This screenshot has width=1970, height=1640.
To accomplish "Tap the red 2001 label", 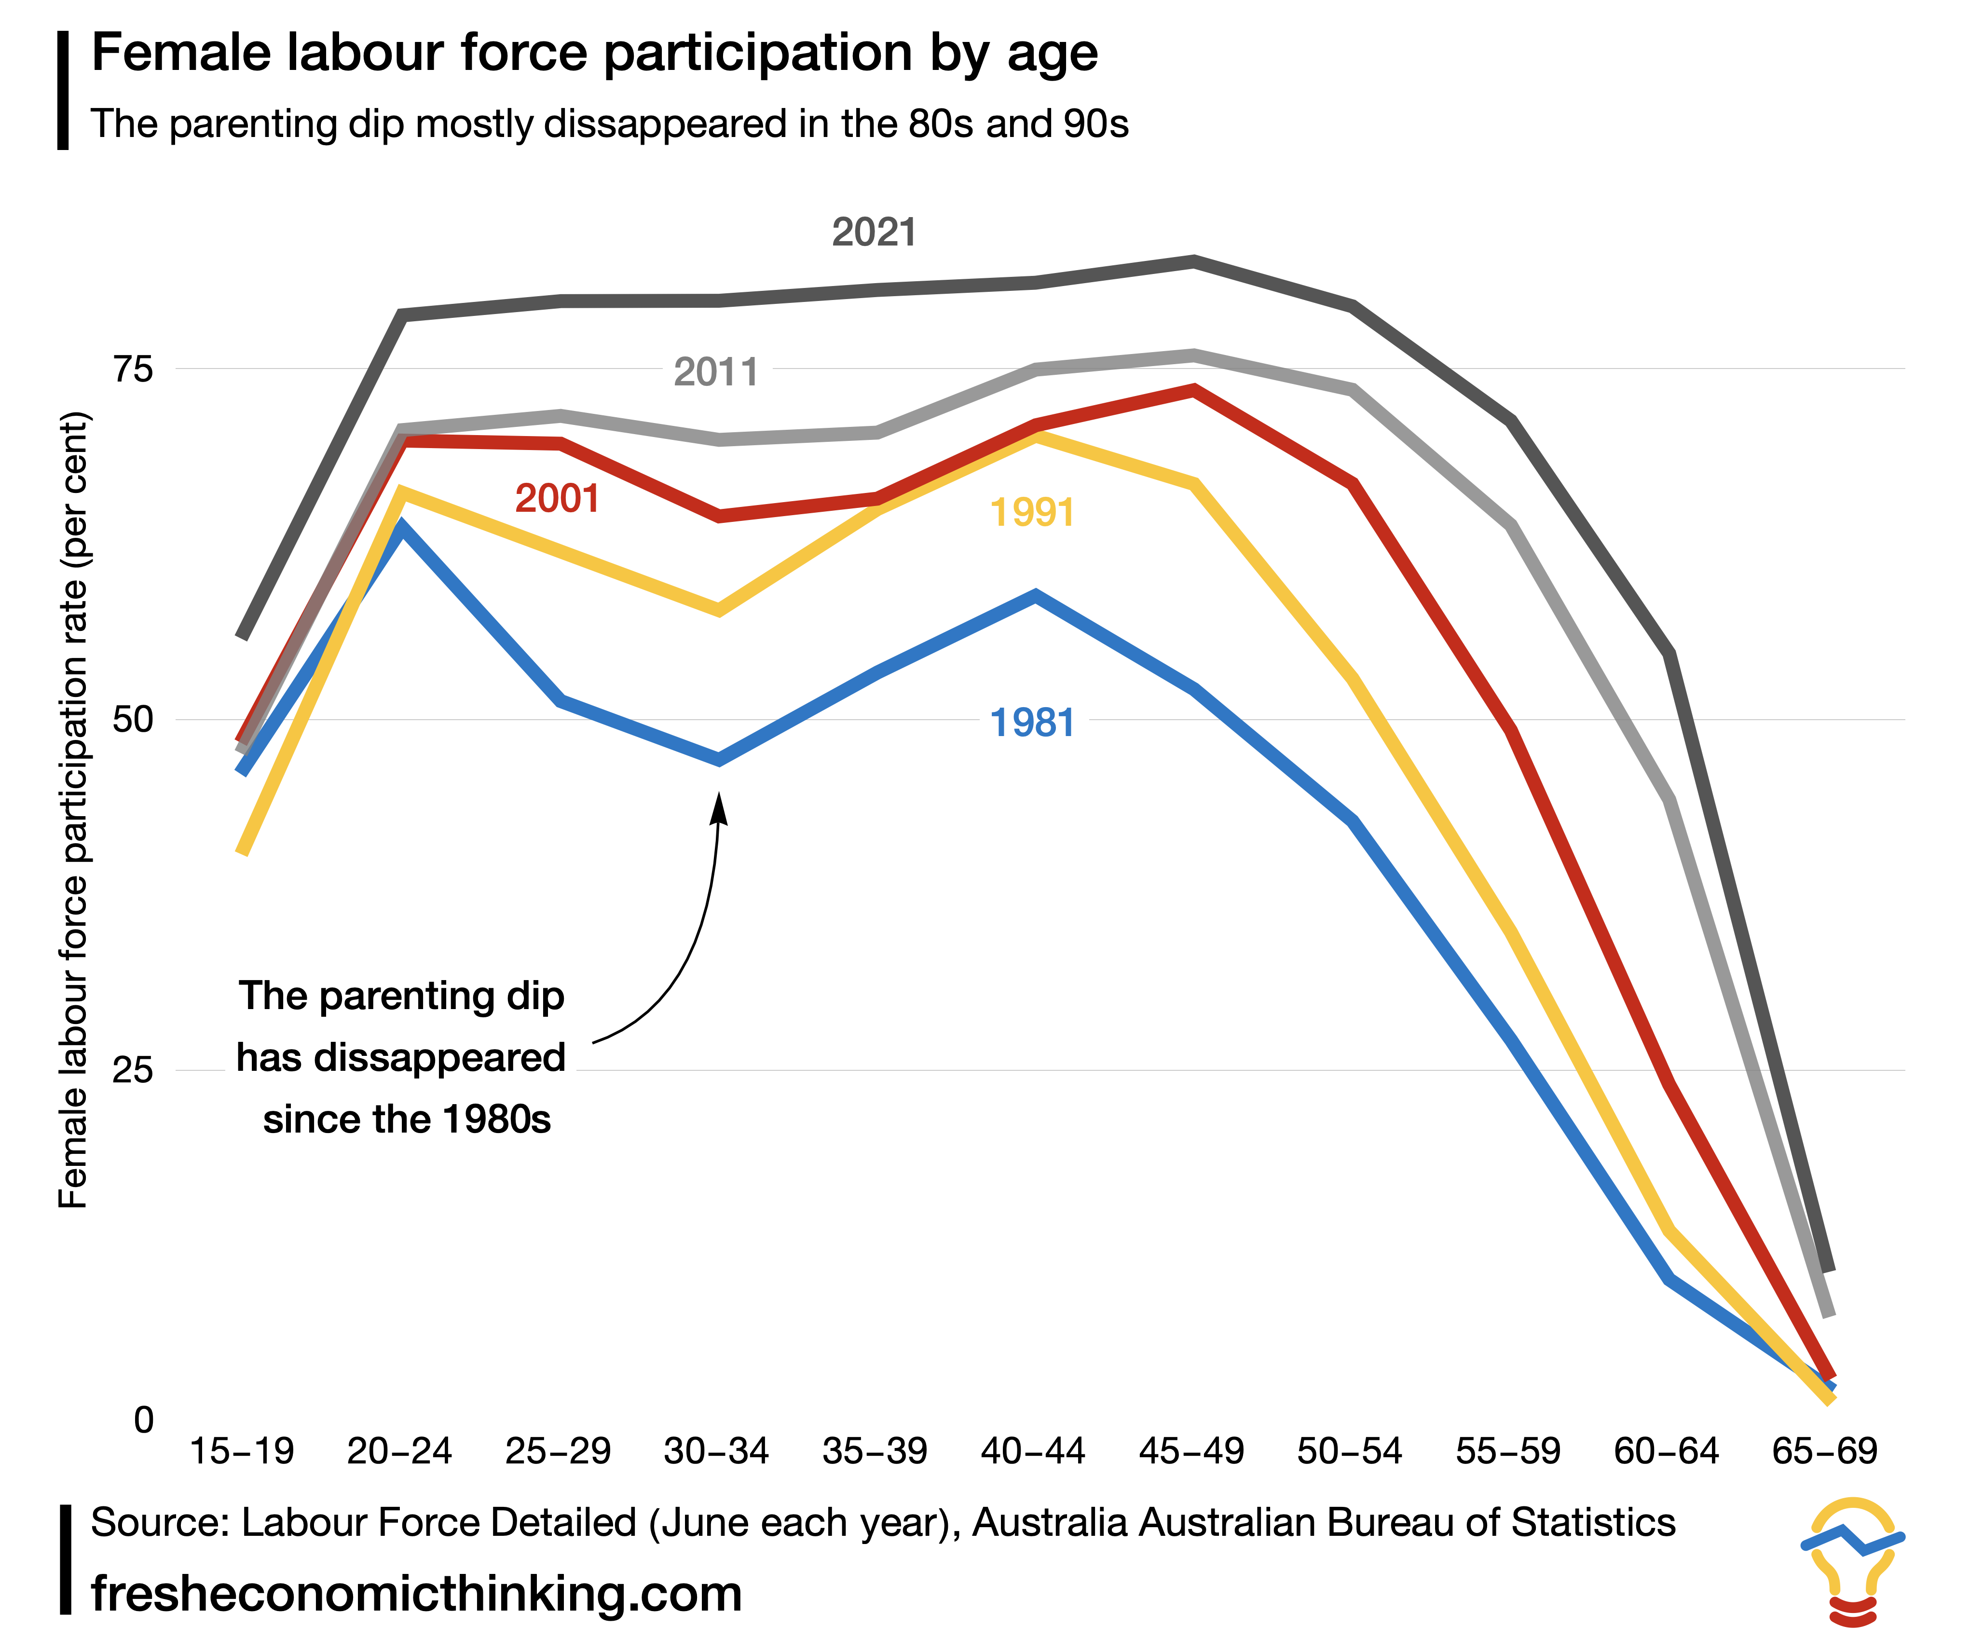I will [x=557, y=498].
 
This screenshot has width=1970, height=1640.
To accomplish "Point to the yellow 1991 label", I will [x=1032, y=512].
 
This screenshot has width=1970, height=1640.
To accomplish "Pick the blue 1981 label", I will [x=1032, y=723].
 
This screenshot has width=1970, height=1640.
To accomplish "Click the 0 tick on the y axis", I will [x=143, y=1421].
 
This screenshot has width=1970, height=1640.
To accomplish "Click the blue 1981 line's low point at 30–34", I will [x=719, y=758].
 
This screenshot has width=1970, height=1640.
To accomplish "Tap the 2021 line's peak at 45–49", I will [x=1193, y=261].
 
